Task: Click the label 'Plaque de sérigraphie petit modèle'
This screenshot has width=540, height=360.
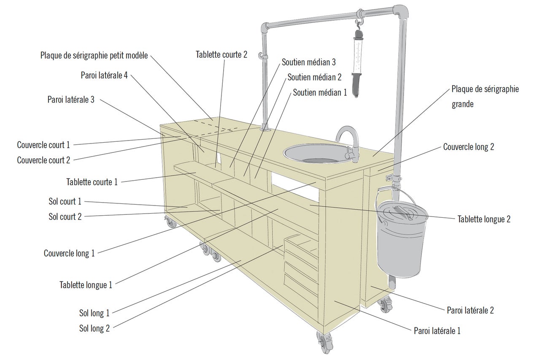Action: click(x=94, y=55)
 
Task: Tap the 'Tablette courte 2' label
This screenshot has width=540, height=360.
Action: click(x=221, y=54)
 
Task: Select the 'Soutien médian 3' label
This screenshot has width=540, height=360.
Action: click(x=309, y=62)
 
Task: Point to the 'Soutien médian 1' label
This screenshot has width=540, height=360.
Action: click(x=320, y=92)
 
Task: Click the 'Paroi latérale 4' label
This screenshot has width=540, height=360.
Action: click(x=104, y=75)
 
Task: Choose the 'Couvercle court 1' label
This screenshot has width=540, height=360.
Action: click(x=43, y=145)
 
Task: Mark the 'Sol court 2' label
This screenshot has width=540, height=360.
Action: click(x=65, y=217)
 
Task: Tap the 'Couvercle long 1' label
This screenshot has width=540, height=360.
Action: click(x=69, y=253)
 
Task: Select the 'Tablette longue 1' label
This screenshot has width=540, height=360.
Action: click(x=86, y=284)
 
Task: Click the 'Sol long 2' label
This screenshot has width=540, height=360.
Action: click(x=94, y=328)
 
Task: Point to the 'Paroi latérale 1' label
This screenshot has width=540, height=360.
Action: click(x=437, y=331)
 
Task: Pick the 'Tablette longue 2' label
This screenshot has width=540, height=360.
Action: click(x=484, y=219)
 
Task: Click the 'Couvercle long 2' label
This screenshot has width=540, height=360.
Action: click(x=468, y=147)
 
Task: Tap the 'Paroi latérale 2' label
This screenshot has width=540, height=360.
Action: click(x=470, y=311)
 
